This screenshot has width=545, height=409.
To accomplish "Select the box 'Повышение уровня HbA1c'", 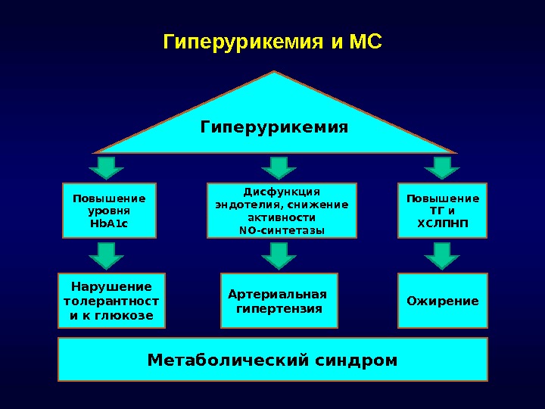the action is click(109, 211).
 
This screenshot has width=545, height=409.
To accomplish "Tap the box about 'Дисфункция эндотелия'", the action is click(282, 211).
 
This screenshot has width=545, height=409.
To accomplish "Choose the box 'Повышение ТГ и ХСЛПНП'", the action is click(443, 211).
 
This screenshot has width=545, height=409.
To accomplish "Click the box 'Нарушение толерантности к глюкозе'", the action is click(111, 301).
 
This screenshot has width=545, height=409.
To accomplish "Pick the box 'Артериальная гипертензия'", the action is click(279, 301).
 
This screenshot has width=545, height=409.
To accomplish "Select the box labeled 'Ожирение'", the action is click(443, 301).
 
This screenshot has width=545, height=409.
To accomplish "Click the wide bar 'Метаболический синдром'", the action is click(272, 359).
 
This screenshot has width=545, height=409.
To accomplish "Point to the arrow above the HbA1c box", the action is click(107, 167).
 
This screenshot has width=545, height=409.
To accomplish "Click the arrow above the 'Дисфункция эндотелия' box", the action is click(279, 167).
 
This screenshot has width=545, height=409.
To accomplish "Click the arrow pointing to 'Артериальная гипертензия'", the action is click(279, 255).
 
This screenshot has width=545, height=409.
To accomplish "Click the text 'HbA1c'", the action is click(109, 224).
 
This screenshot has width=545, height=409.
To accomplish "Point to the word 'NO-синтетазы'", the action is click(282, 230).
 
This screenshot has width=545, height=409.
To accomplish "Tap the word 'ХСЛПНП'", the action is click(443, 224).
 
